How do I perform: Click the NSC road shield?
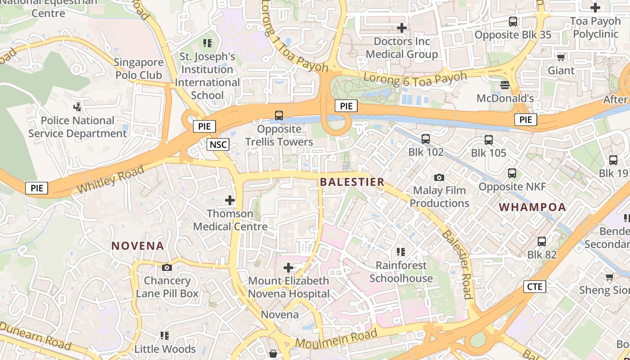[218, 144]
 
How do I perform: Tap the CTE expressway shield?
[535, 287]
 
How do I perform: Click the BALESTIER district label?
[352, 182]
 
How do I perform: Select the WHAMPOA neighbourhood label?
[532, 207]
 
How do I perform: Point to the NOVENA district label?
[138, 246]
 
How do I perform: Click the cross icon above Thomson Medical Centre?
[230, 200]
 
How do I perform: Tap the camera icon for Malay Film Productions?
[439, 178]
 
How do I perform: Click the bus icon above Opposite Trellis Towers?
[279, 116]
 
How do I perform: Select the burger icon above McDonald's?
[505, 85]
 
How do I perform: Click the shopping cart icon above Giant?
[561, 57]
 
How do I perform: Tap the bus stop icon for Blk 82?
[542, 242]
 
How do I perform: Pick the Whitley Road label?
[110, 179]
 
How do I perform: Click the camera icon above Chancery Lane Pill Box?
[167, 268]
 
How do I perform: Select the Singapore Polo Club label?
[139, 68]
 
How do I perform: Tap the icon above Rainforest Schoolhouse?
[401, 252]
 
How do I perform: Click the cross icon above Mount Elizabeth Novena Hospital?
[288, 268]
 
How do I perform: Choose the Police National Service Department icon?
[78, 107]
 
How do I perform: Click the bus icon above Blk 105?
[489, 140]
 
